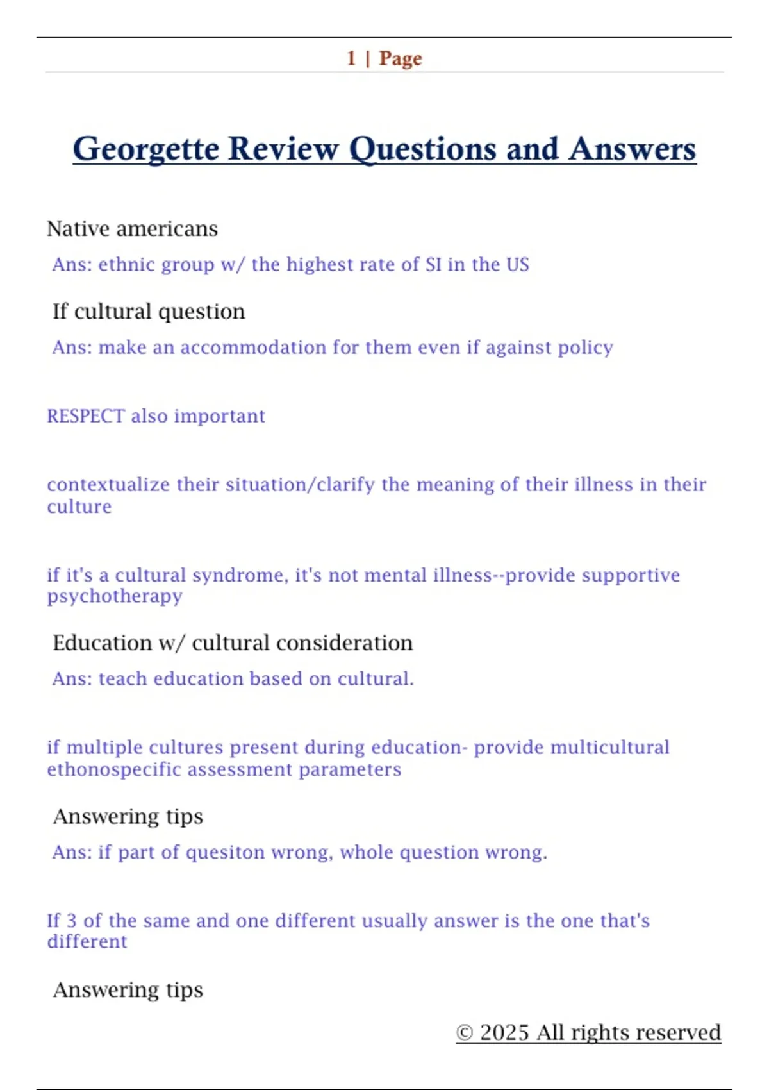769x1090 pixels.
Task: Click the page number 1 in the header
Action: pos(351,58)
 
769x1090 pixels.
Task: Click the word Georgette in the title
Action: pos(146,149)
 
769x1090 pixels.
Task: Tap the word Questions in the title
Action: pos(422,149)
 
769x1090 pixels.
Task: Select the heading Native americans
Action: pos(132,229)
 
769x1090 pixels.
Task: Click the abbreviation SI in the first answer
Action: pos(433,264)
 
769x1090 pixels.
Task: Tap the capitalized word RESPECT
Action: pos(86,416)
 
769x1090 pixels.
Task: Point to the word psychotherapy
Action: pos(115,596)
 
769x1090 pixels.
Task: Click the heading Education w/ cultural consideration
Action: pos(233,642)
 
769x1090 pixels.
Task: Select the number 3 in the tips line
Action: pos(72,921)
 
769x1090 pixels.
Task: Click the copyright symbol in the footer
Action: pos(465,1032)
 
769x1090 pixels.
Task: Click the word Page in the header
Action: pos(401,58)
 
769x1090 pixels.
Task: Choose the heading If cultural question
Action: pos(149,312)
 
